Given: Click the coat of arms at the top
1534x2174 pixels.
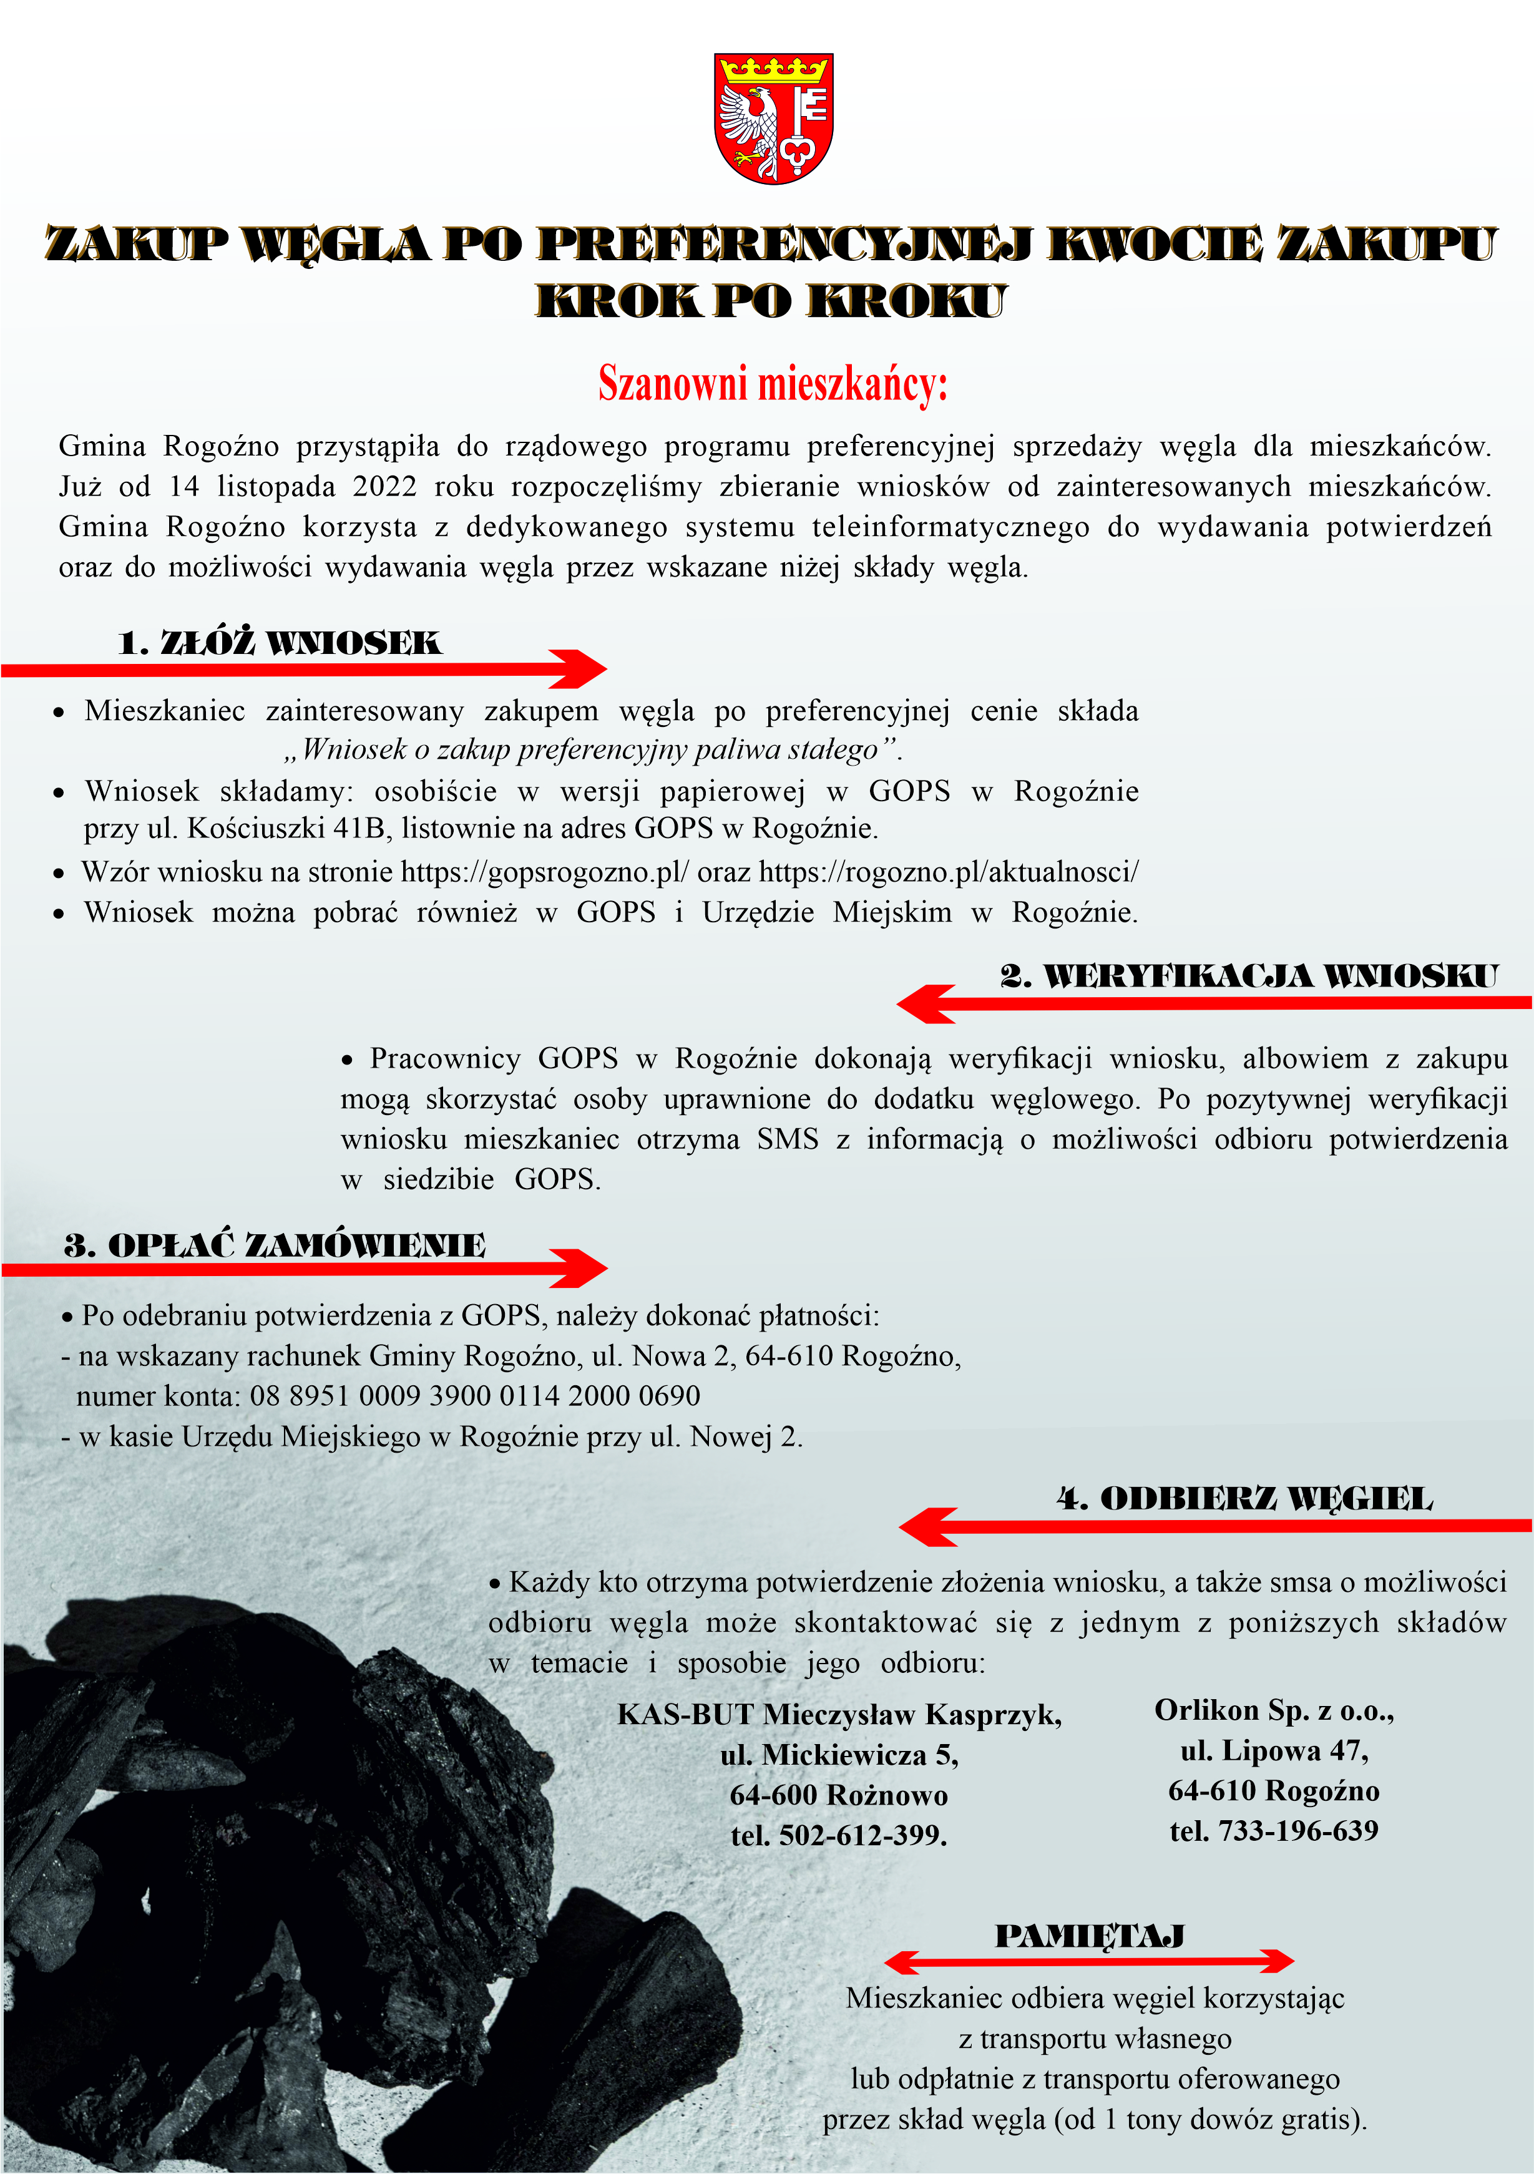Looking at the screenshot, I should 773,119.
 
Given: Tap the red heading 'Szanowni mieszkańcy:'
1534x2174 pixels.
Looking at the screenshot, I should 773,384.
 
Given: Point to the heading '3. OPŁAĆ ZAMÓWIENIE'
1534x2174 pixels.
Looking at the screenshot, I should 275,1245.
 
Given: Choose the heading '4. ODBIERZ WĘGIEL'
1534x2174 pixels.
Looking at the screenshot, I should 1244,1499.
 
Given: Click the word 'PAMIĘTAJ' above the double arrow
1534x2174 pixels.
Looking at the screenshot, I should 1089,1936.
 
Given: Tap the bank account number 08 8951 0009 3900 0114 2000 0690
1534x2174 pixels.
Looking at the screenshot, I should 474,1396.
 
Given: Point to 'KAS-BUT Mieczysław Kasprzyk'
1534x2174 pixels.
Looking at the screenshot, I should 839,1715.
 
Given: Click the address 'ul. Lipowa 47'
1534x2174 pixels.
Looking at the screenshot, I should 1274,1751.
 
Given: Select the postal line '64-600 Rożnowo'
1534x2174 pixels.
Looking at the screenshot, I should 839,1795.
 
